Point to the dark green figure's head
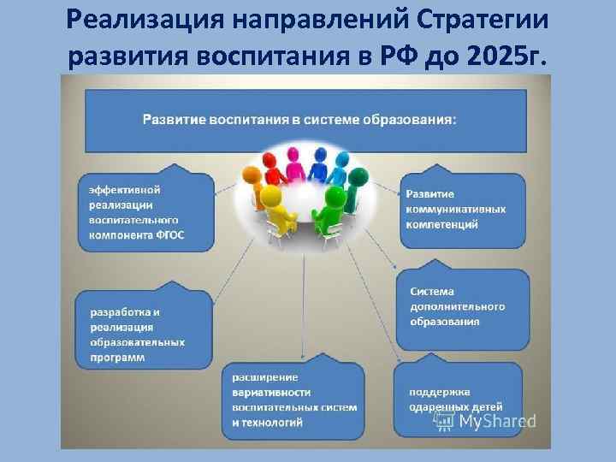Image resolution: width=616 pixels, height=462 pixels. [358, 177]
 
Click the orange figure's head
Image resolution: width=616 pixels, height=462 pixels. [252, 175]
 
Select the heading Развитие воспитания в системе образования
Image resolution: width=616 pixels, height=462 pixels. [299, 120]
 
